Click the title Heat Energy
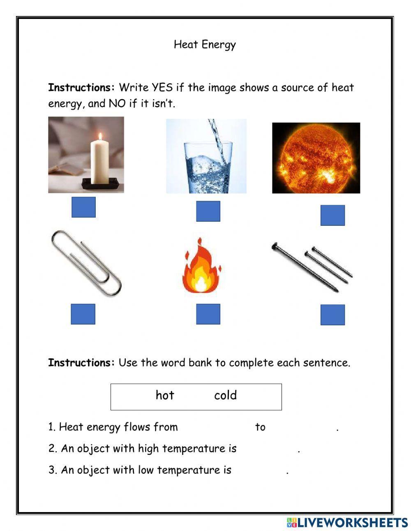205,44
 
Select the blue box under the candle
83,207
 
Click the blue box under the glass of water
208,211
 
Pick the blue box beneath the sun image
332,215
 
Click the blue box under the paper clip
83,314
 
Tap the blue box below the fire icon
208,314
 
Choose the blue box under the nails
332,315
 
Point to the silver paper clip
86,263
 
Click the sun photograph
316,158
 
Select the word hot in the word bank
165,395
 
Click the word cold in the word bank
225,395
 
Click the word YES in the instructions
162,88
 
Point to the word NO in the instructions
117,103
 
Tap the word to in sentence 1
260,427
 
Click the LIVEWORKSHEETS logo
347,522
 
